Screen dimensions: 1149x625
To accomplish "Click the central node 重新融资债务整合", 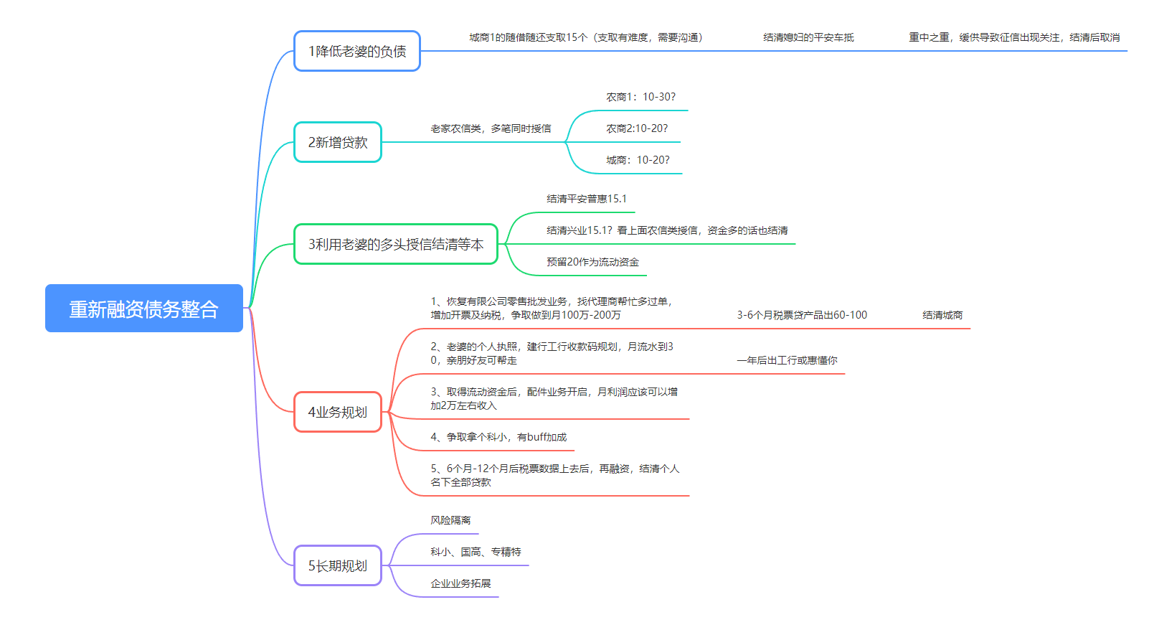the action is click(144, 309).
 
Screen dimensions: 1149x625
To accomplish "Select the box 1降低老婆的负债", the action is click(357, 51).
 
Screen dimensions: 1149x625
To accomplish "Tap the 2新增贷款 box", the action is click(338, 142).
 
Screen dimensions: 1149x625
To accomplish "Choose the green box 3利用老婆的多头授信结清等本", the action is click(395, 244).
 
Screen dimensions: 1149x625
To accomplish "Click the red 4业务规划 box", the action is click(338, 412).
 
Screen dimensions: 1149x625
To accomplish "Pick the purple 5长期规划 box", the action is click(338, 565).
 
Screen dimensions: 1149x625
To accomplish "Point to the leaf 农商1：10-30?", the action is click(640, 97).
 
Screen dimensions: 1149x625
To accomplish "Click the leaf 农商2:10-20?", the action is click(637, 128).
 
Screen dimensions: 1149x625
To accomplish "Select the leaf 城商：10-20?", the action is click(638, 160).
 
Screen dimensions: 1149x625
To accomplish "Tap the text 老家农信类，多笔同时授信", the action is click(491, 128).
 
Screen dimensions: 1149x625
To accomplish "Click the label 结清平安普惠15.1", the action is click(586, 199).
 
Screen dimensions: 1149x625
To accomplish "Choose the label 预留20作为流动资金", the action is click(592, 262).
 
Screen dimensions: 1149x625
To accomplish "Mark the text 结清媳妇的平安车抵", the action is click(808, 37).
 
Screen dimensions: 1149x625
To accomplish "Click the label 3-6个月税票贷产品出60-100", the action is click(802, 315).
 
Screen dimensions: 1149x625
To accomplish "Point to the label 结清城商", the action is click(942, 315).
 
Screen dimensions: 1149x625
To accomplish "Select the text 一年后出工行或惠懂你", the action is click(787, 360).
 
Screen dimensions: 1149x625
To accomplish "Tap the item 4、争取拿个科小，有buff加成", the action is click(498, 437).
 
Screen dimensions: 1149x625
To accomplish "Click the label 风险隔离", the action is click(450, 520).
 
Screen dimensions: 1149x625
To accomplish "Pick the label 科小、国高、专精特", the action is click(476, 552).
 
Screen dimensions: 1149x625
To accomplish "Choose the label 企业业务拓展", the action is click(460, 583).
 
